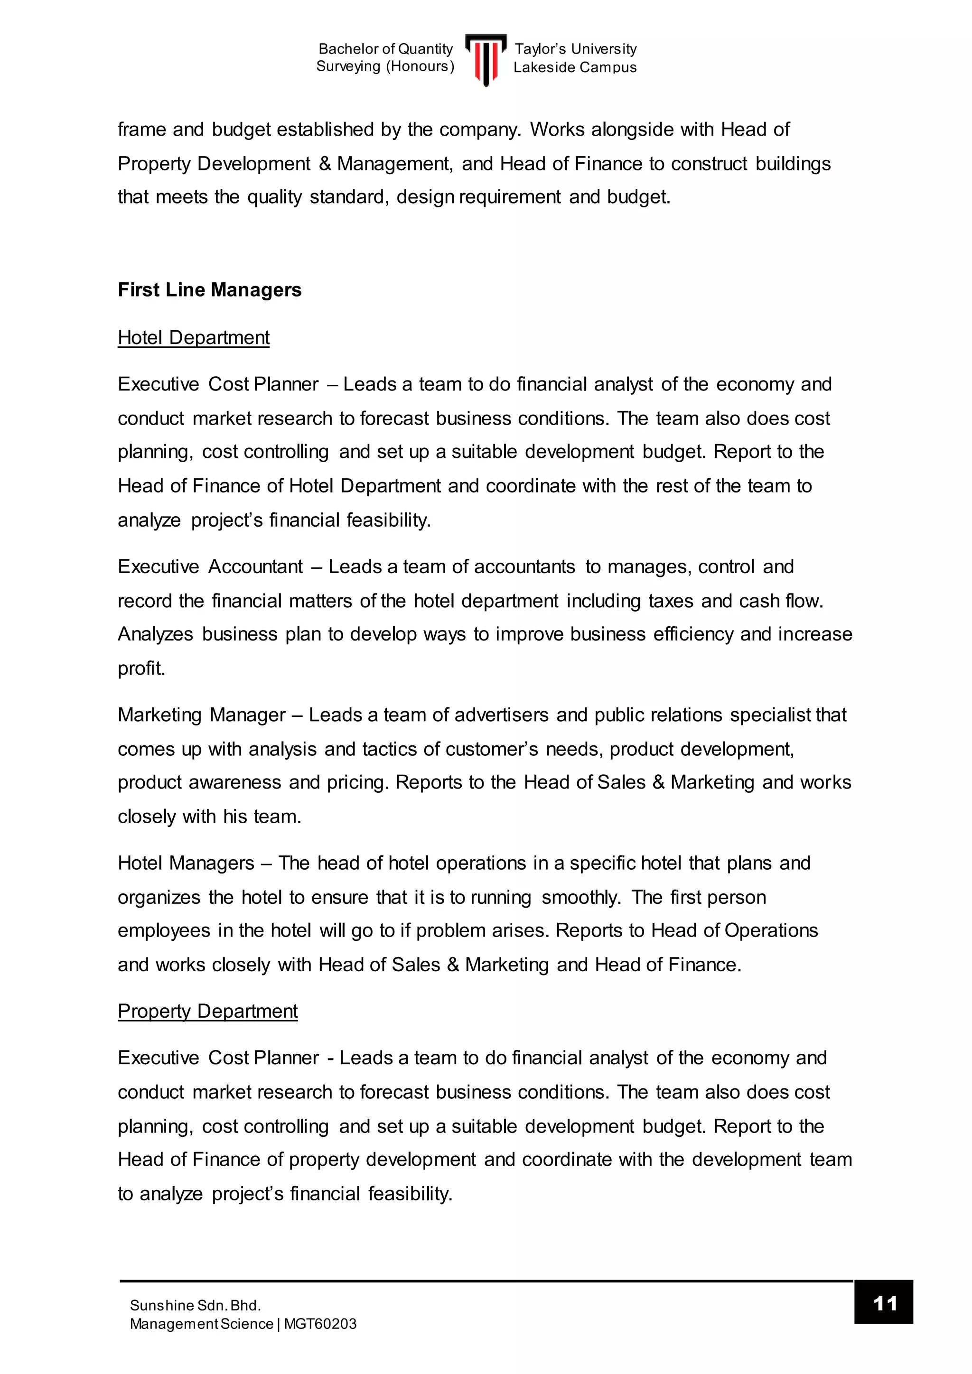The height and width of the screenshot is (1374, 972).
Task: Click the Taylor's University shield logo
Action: pyautogui.click(x=486, y=59)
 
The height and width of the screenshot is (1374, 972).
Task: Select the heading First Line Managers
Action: pyautogui.click(x=209, y=290)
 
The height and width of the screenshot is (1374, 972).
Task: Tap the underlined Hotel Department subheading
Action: pyautogui.click(x=193, y=337)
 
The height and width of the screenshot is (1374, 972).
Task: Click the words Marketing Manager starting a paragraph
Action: pyautogui.click(x=202, y=715)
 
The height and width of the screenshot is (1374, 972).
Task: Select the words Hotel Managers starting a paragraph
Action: pyautogui.click(x=186, y=863)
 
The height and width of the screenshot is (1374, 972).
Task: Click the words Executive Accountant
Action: pyautogui.click(x=210, y=566)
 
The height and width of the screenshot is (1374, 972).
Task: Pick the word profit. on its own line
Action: pyautogui.click(x=141, y=668)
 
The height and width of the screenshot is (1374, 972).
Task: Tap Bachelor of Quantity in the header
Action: pyautogui.click(x=385, y=49)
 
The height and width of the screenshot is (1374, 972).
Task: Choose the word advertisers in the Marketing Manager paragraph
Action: pyautogui.click(x=502, y=715)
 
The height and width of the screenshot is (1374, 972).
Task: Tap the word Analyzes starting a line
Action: pyautogui.click(x=156, y=634)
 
